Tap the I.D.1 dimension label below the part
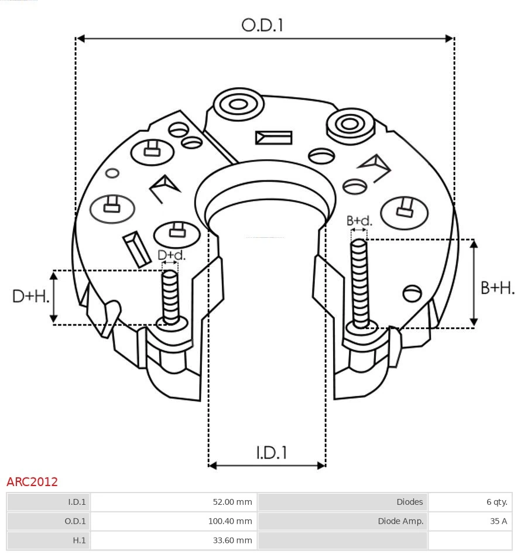coord(271,453)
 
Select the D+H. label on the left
coord(30,296)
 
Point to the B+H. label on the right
coord(497,288)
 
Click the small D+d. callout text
coord(172,255)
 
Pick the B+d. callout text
coord(359,221)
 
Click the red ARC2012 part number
coord(32,482)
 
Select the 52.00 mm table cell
coord(232,502)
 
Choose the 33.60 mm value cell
coord(232,541)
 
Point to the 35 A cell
coord(499,521)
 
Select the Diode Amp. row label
coord(400,521)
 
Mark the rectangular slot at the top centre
coord(273,138)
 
